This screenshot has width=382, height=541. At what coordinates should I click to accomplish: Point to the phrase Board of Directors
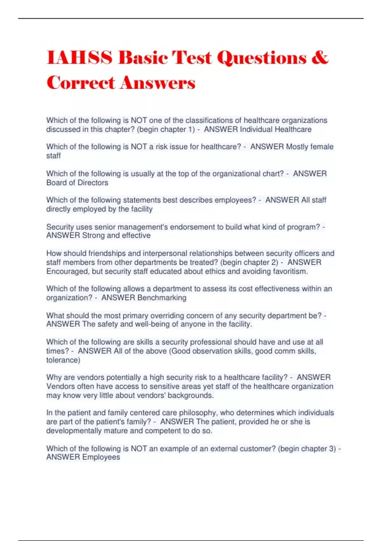pos(77,183)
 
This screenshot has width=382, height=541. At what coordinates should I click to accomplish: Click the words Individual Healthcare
pos(275,130)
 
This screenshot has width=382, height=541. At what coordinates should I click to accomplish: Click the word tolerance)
pos(63,360)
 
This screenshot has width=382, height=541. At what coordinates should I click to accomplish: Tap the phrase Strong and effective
pos(116,235)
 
